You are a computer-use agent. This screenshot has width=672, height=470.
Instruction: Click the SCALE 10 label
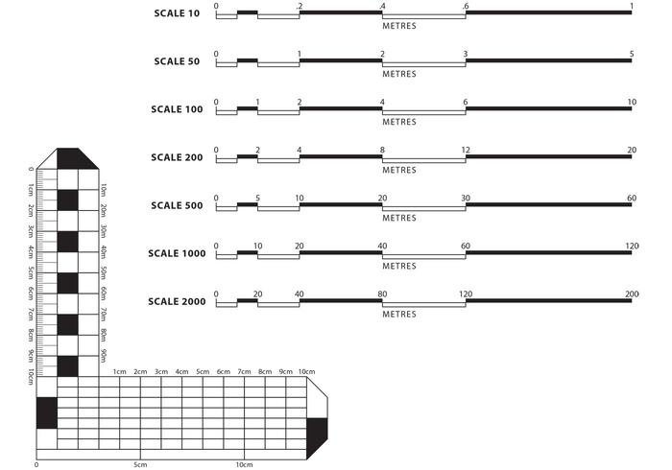pyautogui.click(x=177, y=13)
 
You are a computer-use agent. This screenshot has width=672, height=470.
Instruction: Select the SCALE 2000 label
pyautogui.click(x=177, y=301)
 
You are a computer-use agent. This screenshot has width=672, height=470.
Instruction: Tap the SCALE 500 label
pyautogui.click(x=177, y=205)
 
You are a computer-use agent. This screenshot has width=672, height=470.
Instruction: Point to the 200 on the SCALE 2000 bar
pyautogui.click(x=632, y=294)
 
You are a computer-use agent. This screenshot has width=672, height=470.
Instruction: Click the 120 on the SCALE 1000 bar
pyautogui.click(x=632, y=246)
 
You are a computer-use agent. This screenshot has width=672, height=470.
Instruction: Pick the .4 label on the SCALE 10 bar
pyautogui.click(x=382, y=7)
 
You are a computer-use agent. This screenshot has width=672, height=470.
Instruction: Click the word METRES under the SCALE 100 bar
pyautogui.click(x=399, y=122)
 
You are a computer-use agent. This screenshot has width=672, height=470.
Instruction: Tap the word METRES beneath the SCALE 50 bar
pyautogui.click(x=399, y=74)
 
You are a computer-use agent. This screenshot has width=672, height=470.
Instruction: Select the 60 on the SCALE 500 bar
pyautogui.click(x=631, y=198)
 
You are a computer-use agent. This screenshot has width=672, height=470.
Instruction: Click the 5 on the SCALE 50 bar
pyautogui.click(x=632, y=54)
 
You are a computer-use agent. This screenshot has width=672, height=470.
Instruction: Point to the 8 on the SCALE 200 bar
pyautogui.click(x=382, y=150)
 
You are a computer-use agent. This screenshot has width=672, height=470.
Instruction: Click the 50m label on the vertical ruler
pyautogui.click(x=103, y=273)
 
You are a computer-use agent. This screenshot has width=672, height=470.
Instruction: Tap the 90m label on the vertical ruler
pyautogui.click(x=103, y=356)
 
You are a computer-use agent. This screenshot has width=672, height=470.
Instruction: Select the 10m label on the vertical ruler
pyautogui.click(x=103, y=190)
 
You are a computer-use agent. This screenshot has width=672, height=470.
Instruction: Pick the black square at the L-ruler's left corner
pyautogui.click(x=46, y=412)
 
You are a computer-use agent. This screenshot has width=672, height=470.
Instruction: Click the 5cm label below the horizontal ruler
pyautogui.click(x=140, y=465)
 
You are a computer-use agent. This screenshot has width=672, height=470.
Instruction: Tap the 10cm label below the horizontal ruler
pyautogui.click(x=244, y=465)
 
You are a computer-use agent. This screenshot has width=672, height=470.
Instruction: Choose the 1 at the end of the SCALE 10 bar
pyautogui.click(x=632, y=7)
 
